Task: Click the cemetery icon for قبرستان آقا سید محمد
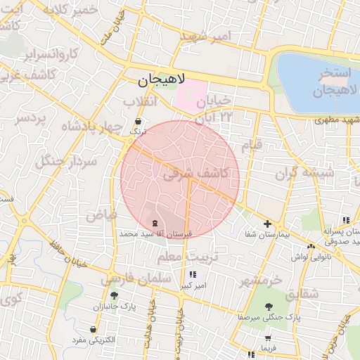point(155,222)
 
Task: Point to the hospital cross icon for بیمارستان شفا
point(267,224)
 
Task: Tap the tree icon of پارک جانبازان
point(114,296)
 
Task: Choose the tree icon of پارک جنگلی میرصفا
point(269,306)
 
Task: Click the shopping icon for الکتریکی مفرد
point(93,329)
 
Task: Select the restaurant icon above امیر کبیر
point(193,275)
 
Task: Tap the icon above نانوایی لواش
point(311,246)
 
